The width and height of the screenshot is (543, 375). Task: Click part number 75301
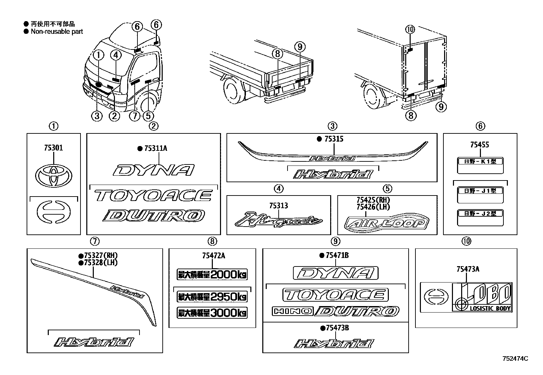[x=53, y=148]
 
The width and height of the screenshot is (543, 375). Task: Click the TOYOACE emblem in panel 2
[x=153, y=196]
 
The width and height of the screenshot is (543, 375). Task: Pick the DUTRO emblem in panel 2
[x=154, y=216]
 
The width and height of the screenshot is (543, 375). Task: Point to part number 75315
[x=334, y=139]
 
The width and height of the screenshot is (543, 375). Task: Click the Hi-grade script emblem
[x=278, y=220]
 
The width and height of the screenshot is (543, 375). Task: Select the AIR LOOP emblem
[x=387, y=223]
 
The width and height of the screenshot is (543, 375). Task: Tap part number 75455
[x=479, y=145]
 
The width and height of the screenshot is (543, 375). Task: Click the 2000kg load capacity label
[x=212, y=274]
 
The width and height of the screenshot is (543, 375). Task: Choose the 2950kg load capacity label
[x=212, y=297]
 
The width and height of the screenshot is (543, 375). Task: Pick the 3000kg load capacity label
[x=212, y=313]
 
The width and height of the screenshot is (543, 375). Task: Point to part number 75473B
[x=337, y=328]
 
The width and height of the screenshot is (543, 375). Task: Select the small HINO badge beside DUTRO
[x=292, y=311]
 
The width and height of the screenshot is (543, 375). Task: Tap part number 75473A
[x=468, y=269]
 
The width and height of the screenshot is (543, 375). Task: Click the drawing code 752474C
[x=515, y=359]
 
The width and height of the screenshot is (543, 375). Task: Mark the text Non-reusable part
[x=57, y=32]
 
